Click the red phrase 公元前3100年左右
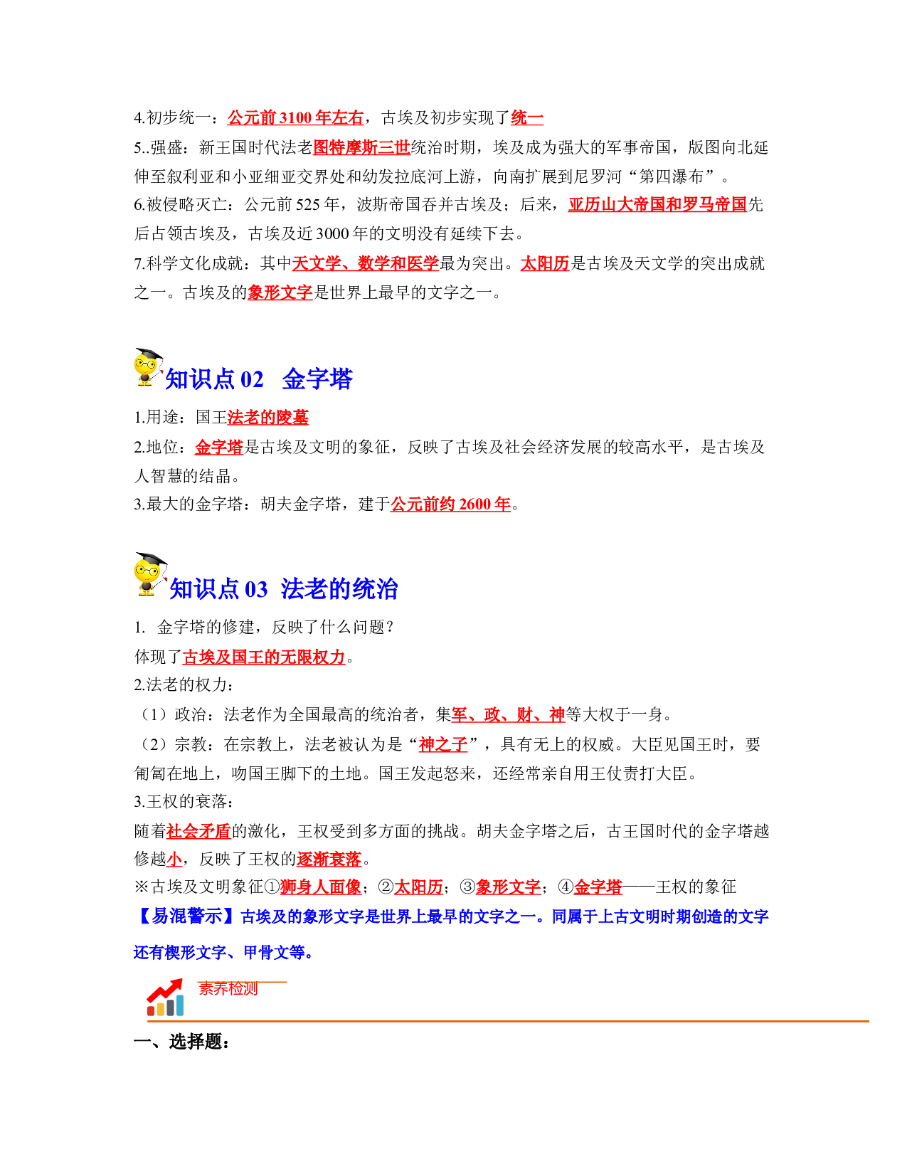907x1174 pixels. [x=295, y=117]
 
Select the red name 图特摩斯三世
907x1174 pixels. [x=361, y=147]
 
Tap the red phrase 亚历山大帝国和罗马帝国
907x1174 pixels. [x=657, y=204]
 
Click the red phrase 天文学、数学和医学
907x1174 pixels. [x=365, y=263]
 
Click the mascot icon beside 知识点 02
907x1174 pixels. [x=147, y=367]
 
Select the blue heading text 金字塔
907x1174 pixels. [x=317, y=379]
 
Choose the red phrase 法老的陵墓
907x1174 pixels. [x=268, y=416]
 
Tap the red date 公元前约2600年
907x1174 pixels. [x=450, y=504]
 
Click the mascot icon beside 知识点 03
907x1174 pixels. [x=149, y=573]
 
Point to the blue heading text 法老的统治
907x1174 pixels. [x=339, y=588]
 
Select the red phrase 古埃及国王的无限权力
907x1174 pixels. [x=264, y=657]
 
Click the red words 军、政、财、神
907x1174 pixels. [x=508, y=714]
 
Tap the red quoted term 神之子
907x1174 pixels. [x=443, y=744]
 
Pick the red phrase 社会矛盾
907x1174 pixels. [x=198, y=830]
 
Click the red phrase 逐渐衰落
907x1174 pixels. [x=329, y=859]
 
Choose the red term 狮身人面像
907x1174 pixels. [x=320, y=887]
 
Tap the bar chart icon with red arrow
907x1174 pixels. [x=165, y=998]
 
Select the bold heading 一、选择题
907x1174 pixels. [x=181, y=1041]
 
